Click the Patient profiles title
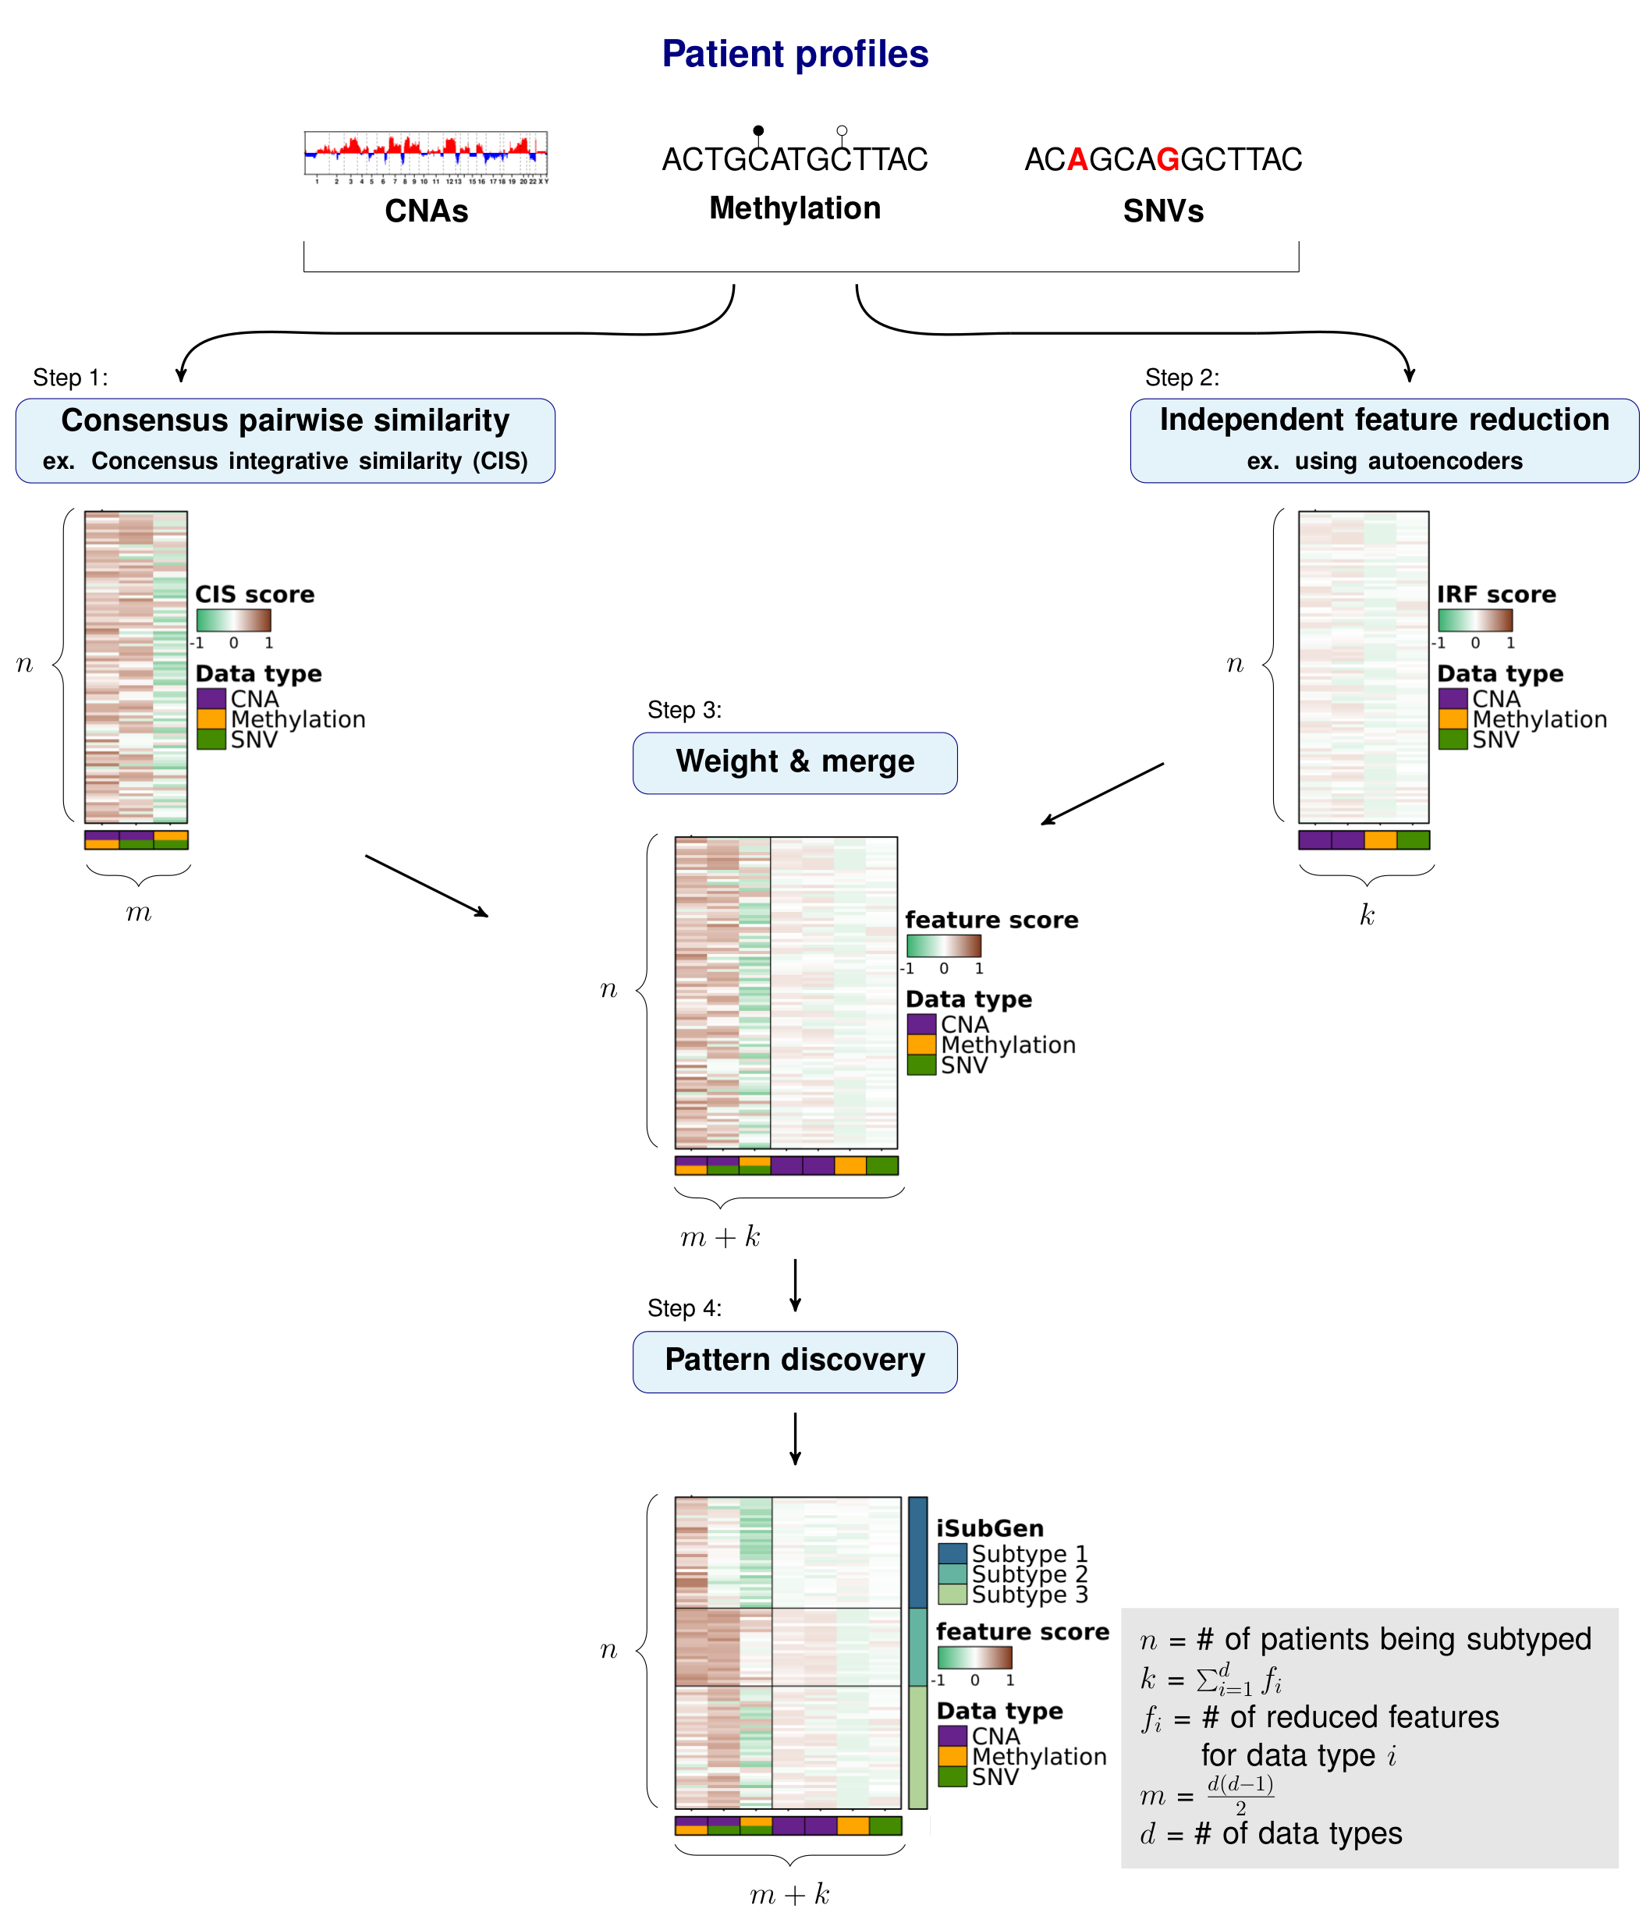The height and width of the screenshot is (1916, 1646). click(x=794, y=54)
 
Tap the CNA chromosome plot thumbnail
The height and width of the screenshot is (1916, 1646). click(x=425, y=155)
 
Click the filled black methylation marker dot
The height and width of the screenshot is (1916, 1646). click(x=758, y=130)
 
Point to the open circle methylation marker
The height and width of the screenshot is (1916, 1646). click(x=842, y=130)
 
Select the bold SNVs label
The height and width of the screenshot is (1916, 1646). click(x=1162, y=211)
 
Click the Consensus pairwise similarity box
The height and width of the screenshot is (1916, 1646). click(x=285, y=440)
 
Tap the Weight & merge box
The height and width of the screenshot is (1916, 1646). click(x=794, y=762)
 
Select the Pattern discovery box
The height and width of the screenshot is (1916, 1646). click(x=794, y=1361)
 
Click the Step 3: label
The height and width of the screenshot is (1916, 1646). click(x=684, y=709)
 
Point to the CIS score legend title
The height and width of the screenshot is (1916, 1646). click(x=254, y=594)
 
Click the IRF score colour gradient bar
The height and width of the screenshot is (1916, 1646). click(x=1474, y=619)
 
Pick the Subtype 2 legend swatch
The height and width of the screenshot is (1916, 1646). click(x=952, y=1574)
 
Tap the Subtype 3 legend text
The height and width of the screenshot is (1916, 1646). click(x=1029, y=1595)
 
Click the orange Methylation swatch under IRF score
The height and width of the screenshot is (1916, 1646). click(x=1452, y=718)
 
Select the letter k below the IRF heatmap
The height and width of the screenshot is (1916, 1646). click(x=1367, y=914)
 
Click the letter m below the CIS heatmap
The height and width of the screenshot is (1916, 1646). click(x=139, y=914)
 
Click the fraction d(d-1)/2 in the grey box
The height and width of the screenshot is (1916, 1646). click(x=1240, y=1795)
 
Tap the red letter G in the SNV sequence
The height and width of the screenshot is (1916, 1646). click(x=1167, y=159)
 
